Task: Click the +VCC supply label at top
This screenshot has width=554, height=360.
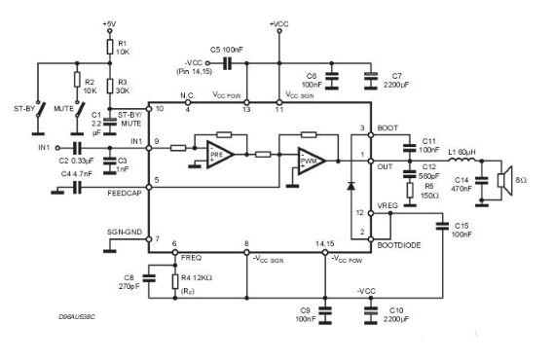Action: pos(278,21)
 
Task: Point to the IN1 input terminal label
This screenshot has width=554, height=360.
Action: pos(43,147)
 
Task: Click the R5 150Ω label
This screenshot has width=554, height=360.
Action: pos(428,191)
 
